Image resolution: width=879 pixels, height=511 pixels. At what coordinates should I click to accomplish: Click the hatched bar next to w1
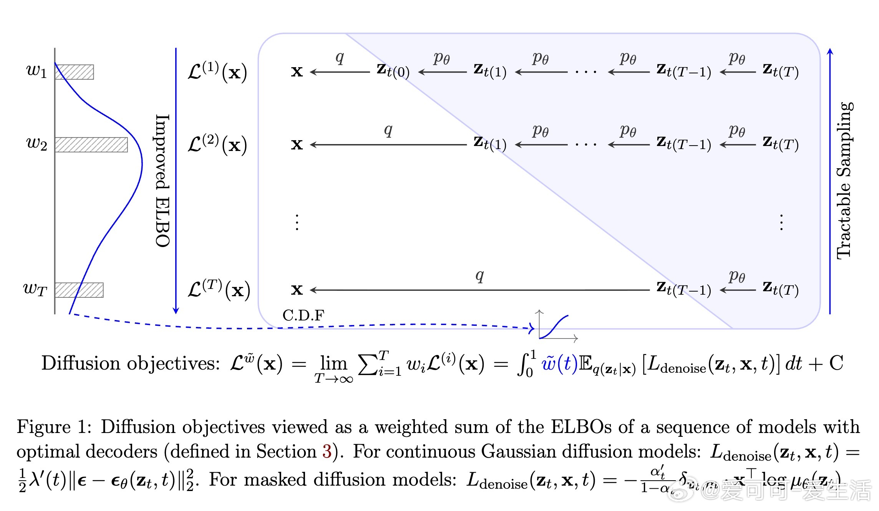coord(74,72)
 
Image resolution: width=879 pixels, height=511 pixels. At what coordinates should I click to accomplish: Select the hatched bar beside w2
coord(91,145)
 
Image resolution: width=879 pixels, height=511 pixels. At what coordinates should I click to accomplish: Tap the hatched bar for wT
coord(79,290)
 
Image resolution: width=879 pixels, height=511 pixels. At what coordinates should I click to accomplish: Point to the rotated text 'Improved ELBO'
coord(163,181)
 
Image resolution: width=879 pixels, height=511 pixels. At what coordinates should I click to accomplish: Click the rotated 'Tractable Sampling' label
coord(844,181)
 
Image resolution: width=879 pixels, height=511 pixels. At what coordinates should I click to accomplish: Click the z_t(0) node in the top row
coord(393,71)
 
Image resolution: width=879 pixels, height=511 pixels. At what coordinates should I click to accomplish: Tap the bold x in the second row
coord(297,145)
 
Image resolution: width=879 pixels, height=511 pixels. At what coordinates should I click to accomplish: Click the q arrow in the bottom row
coord(479,290)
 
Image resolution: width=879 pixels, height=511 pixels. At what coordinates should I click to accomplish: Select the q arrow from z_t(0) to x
coord(340,72)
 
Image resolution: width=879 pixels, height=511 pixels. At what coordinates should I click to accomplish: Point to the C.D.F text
coord(303,315)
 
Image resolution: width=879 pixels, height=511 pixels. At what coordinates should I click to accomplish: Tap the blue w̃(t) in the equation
coord(559,363)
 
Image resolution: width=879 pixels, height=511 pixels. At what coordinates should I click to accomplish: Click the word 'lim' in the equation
coord(333,363)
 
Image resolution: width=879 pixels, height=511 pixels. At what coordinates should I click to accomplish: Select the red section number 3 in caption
coord(327,451)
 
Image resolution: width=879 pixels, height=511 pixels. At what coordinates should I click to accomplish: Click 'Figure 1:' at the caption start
coord(54,427)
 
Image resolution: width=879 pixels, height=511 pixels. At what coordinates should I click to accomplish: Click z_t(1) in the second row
coord(490,144)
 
